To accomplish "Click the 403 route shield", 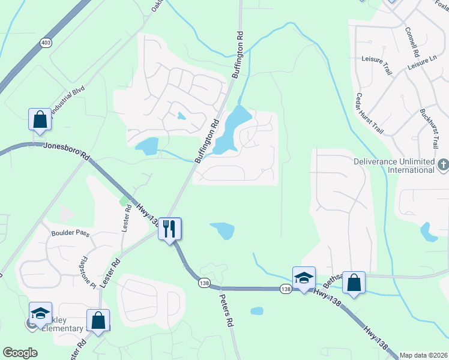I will coord(46,43).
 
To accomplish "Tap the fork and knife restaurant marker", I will coord(169,228).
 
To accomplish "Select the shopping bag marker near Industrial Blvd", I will coord(40,119).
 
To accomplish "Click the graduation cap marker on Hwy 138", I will coord(304,277).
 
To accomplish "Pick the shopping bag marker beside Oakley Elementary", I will coord(98,320).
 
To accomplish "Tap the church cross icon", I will coord(443,164).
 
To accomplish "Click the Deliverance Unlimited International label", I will coord(393,166).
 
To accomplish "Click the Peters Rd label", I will coord(225,308).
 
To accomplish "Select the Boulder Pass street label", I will coord(70,233).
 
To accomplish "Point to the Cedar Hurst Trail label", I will coord(369,112).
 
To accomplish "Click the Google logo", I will coord(20,353).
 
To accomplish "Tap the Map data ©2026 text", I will coord(423,355).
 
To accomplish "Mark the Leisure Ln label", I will coord(421,62).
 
